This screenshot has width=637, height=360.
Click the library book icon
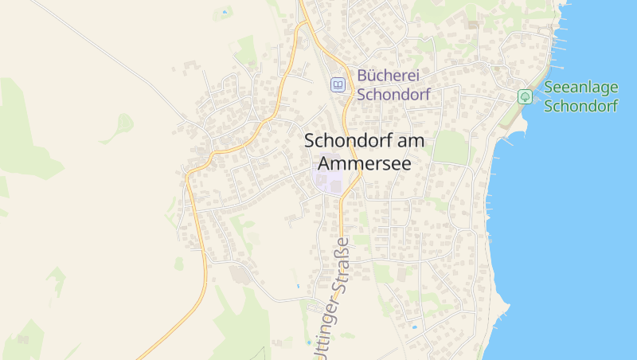(338, 84)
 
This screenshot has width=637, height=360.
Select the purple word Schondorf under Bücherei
(393, 94)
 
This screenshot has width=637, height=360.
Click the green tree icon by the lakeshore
(525, 96)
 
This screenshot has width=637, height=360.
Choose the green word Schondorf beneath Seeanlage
(580, 106)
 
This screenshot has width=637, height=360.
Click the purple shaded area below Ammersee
(328, 180)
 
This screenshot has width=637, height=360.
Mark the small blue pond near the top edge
(226, 12)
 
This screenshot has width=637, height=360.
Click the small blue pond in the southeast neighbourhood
(413, 327)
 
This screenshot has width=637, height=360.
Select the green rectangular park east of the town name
(451, 147)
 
